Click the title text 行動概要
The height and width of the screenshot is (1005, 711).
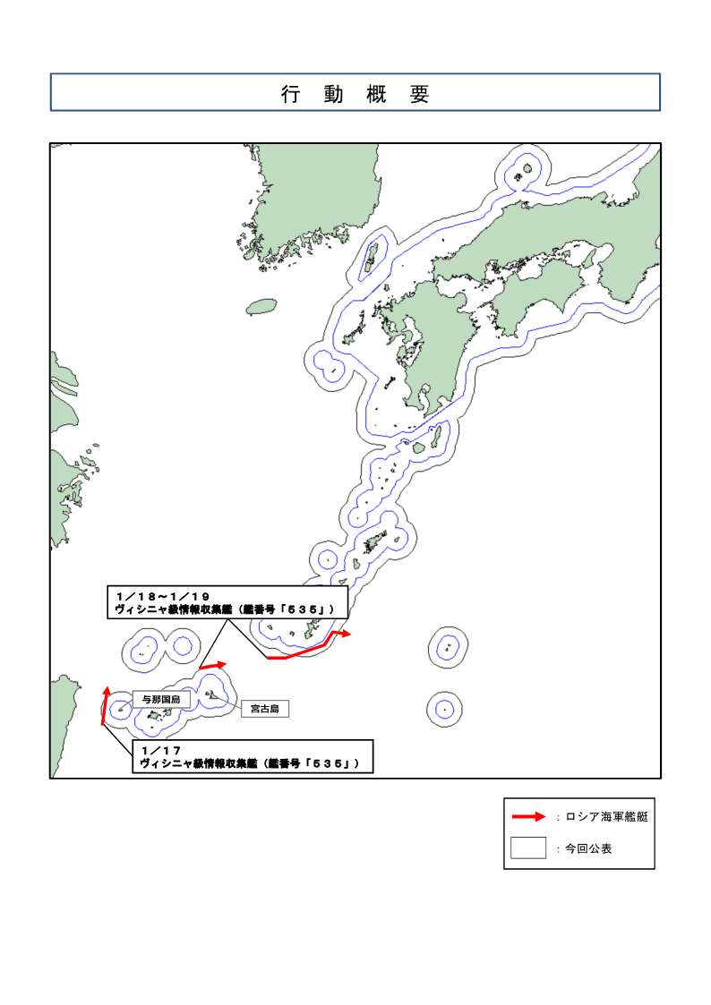click(x=355, y=94)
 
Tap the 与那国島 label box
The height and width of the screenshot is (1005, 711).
click(x=161, y=699)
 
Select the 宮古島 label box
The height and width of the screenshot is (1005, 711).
click(x=265, y=709)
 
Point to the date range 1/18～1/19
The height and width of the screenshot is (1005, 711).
click(x=164, y=595)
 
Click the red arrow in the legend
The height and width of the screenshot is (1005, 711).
click(x=527, y=816)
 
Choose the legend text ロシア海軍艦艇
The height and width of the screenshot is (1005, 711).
click(x=606, y=817)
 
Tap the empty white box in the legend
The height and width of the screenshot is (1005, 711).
click(x=527, y=847)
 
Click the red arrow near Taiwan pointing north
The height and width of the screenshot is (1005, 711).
click(x=105, y=704)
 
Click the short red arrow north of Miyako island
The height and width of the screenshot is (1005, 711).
click(x=212, y=666)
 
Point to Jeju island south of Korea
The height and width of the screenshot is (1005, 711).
click(x=261, y=307)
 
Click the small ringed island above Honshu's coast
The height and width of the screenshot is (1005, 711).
click(x=527, y=168)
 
